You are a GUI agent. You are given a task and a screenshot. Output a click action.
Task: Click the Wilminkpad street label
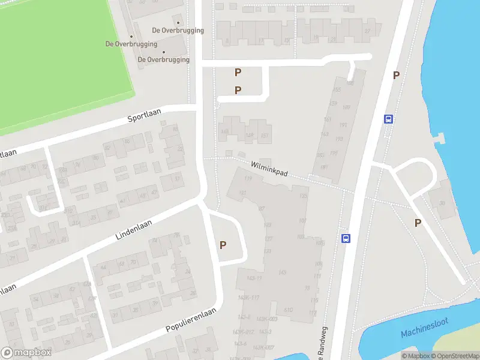pos(269,168)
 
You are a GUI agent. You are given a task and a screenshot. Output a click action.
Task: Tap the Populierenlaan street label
pos(190,321)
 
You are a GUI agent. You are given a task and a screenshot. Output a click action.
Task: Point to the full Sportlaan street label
pos(142,116)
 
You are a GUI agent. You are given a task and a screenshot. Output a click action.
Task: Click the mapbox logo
pos(26,352)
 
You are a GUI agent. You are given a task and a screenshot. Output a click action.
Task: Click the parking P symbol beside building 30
pos(418,223)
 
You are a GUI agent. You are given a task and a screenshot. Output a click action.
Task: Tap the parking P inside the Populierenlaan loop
pos(223,245)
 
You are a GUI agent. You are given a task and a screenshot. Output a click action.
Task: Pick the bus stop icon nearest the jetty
pos(389,119)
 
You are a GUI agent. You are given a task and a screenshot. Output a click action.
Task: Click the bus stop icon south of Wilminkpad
pos(346,238)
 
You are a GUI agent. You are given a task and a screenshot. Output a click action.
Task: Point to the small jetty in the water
pos(441,139)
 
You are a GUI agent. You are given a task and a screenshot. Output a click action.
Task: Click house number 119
pos(248,178)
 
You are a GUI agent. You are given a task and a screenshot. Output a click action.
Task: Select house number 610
pos(288,310)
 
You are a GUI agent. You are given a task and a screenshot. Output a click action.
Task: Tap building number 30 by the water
pos(443,203)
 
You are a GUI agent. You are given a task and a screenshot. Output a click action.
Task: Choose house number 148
pos(225,132)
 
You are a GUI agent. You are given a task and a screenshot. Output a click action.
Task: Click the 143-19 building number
pos(254,278)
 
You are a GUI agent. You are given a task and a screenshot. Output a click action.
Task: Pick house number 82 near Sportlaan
pos(107,148)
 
